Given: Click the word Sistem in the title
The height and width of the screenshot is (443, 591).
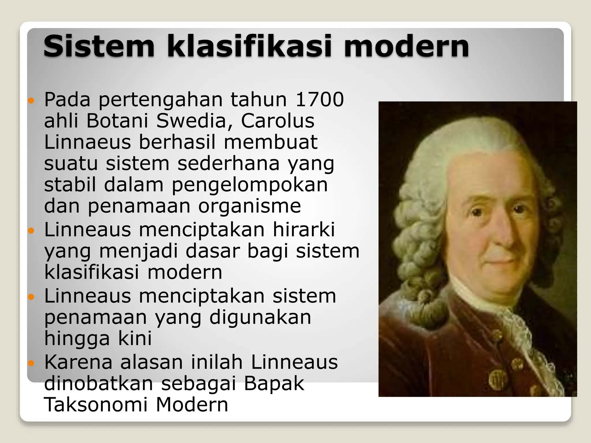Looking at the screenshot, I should tap(99, 46).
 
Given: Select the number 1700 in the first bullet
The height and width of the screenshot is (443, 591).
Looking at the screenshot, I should tap(320, 100).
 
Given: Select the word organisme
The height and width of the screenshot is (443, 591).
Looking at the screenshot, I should tap(250, 207).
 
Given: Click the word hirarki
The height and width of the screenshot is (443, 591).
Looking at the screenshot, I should tap(304, 230).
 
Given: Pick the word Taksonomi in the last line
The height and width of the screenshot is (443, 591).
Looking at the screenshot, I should tap(96, 405).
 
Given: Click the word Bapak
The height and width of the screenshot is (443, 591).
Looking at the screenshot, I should tap(274, 383).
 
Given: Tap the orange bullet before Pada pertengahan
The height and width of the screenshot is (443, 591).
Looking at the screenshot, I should tap(31, 101).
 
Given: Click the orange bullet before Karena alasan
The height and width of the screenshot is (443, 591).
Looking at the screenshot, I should tap(31, 363).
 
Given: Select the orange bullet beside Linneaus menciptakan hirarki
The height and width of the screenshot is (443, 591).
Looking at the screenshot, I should tap(31, 231).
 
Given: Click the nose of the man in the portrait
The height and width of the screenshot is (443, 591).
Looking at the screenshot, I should tap(504, 234).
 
